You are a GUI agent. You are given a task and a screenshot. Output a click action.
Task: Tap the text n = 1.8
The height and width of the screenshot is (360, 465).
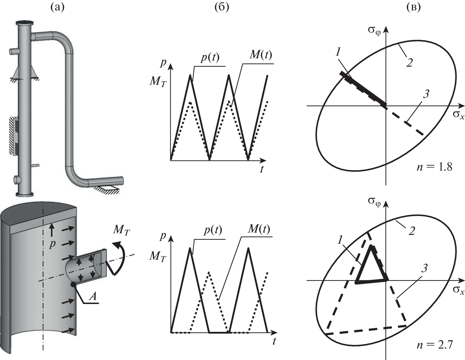(x=434, y=167)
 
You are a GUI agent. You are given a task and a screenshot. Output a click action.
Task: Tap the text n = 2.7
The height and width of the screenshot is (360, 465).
(x=434, y=344)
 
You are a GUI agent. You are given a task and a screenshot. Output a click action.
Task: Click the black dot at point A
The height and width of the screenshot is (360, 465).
(x=73, y=284)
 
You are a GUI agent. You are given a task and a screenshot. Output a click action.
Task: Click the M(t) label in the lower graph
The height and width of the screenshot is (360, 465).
(x=260, y=230)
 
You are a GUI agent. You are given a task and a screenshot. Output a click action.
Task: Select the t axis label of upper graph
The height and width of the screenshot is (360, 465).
(x=262, y=169)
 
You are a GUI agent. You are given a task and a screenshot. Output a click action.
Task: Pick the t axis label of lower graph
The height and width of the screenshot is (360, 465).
(x=274, y=342)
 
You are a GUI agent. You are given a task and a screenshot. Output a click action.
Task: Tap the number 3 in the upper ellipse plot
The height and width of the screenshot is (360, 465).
(x=425, y=95)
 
